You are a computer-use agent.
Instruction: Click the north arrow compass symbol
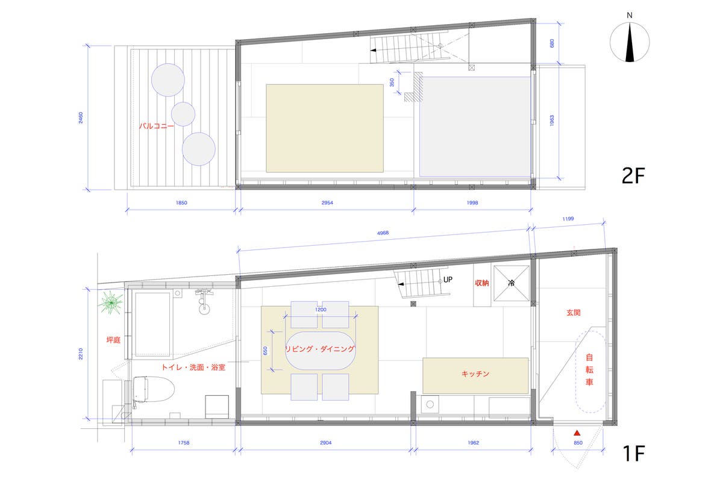(630, 42)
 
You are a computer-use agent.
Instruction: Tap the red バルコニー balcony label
(156, 126)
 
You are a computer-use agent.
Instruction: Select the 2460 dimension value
(81, 117)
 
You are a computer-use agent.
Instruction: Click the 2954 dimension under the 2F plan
(327, 203)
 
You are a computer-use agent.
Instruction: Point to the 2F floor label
(633, 176)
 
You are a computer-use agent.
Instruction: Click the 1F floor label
(634, 453)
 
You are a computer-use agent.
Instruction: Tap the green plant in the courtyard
(111, 302)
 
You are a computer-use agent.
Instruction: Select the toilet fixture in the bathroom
(153, 389)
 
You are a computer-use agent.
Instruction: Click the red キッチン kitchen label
(475, 374)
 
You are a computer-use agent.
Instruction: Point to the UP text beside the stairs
(448, 280)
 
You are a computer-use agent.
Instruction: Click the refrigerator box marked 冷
(512, 283)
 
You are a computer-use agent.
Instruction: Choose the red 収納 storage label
(481, 283)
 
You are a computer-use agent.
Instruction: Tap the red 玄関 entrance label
(573, 313)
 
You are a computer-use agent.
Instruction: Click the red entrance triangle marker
(577, 433)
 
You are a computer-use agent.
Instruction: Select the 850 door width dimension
(578, 443)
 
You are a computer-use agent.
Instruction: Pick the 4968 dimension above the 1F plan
(383, 233)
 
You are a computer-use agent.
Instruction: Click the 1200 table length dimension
(321, 310)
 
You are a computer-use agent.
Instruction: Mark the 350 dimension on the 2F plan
(392, 83)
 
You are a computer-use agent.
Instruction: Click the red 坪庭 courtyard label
(113, 340)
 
